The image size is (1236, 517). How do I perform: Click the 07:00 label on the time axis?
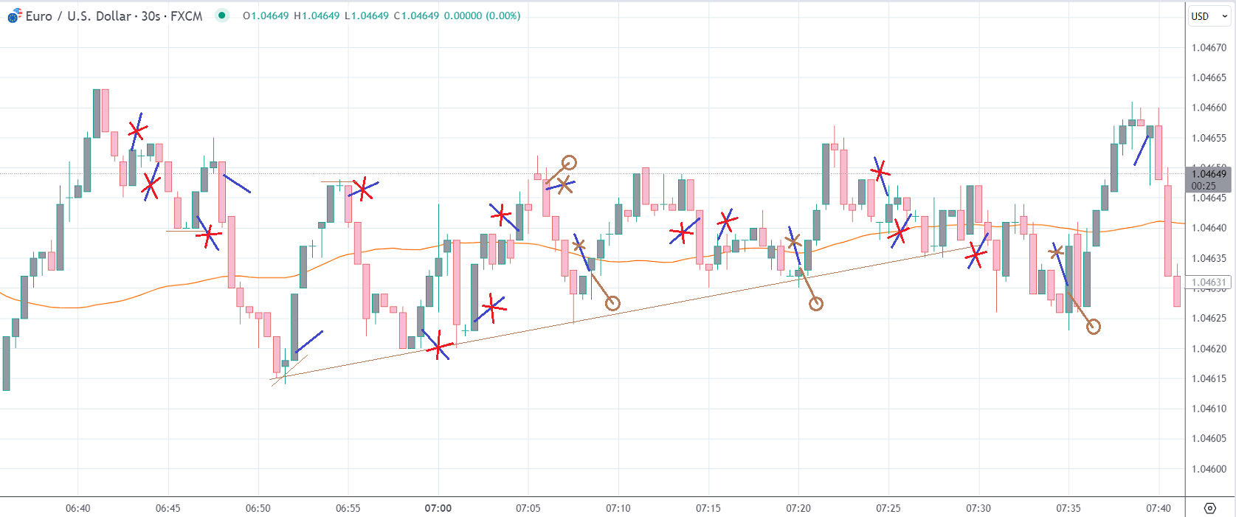pos(438,508)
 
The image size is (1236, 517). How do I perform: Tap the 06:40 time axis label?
pos(77,508)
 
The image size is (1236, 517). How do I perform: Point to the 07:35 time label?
pos(1068,508)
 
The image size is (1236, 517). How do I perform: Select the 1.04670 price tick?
pos(1209,48)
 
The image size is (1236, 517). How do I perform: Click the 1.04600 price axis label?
pos(1209,469)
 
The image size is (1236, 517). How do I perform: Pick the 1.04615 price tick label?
pos(1209,379)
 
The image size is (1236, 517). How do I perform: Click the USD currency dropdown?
pos(1209,16)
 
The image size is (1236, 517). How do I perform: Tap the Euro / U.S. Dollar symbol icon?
pos(14,15)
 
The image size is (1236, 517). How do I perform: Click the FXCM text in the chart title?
pos(186,16)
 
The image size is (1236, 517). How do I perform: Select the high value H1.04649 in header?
pos(317,16)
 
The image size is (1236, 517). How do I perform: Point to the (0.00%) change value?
pos(503,16)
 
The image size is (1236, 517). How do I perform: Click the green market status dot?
pos(221,15)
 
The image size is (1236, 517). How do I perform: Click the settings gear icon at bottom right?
pos(1209,508)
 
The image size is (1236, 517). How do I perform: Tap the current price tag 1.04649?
pos(1209,174)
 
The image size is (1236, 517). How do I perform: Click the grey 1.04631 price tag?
pos(1209,282)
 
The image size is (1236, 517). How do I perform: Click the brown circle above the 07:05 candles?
pos(569,162)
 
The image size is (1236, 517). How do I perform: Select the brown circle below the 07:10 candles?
pos(612,303)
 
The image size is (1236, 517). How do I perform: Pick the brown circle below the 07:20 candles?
pos(815,304)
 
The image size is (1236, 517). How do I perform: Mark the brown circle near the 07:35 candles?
pos(1094,327)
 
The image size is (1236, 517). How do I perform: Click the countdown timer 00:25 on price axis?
pos(1204,186)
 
